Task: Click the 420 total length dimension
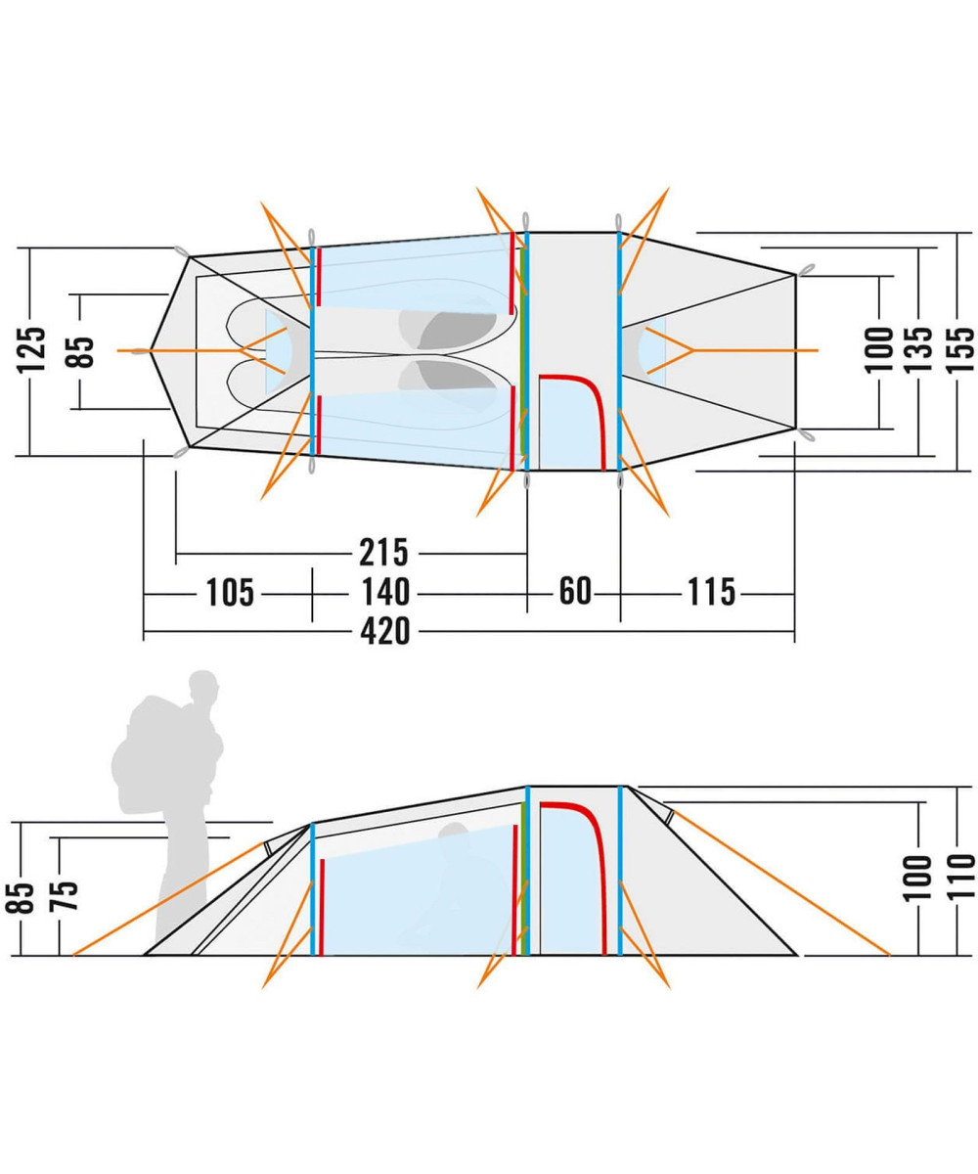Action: click(384, 633)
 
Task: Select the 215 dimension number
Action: click(382, 553)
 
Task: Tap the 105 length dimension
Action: click(230, 593)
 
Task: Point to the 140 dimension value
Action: click(382, 593)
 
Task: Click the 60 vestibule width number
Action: click(575, 593)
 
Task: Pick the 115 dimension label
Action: click(711, 593)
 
